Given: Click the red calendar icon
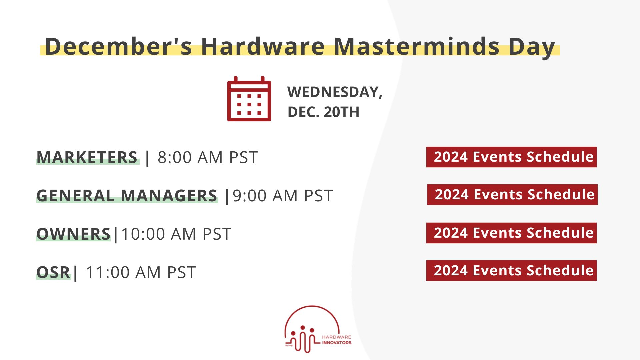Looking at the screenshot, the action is coord(249,99).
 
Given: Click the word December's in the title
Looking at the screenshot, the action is coord(119,46).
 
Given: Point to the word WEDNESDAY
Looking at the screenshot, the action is coord(335,92).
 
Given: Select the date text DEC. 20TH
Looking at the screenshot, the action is coord(323,112).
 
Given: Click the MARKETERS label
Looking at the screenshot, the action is coord(87,157).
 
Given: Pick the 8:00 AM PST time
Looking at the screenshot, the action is coord(208,157).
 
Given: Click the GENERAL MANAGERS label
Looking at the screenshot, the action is coord(127,196).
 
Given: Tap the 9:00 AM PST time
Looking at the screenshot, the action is coord(283,196).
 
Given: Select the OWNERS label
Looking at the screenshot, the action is coord(73,234).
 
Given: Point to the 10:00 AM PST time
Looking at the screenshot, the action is coord(176,234).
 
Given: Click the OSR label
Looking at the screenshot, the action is coord(53,272).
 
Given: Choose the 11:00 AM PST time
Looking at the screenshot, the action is coord(141,272).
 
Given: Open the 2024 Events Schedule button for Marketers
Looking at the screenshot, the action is coord(511,157).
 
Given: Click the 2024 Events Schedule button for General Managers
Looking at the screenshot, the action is coord(512,195).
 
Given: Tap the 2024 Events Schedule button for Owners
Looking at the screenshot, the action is coord(511,233).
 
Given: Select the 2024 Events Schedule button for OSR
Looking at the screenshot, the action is coord(511,271).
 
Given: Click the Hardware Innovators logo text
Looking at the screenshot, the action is coord(337,340).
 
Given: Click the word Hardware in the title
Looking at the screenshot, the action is coord(263,46).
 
